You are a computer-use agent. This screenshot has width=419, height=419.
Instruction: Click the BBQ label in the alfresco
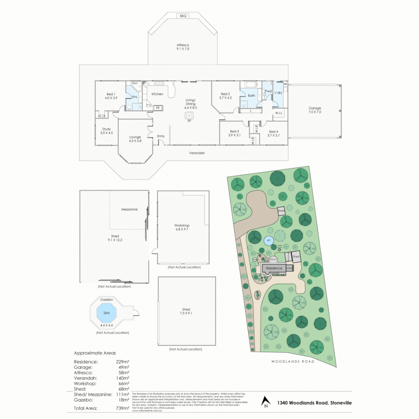183,16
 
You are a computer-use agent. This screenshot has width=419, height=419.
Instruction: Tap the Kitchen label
157,94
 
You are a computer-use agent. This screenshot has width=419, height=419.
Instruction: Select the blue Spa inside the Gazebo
106,313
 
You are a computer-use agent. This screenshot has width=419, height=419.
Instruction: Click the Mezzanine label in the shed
129,209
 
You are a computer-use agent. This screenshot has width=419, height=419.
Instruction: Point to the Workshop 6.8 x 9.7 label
182,227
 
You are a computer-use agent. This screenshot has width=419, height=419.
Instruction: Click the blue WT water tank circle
268,241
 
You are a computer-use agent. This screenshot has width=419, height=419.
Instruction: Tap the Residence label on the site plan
274,268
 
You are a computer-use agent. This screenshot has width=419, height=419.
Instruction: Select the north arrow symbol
266,402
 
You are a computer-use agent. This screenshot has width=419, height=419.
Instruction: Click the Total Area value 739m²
122,408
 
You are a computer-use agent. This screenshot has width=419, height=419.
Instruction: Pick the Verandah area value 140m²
123,378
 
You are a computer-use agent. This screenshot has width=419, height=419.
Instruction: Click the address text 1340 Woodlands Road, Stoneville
314,403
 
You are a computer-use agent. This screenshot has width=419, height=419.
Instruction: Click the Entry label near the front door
161,136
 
